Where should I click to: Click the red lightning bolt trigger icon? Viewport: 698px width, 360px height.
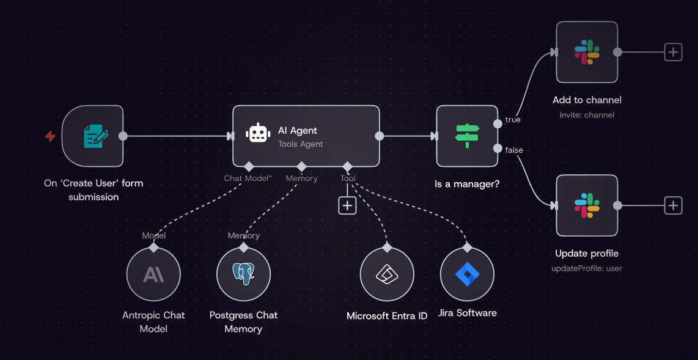(x=50, y=136)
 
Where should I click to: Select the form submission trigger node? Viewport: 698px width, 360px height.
(x=92, y=136)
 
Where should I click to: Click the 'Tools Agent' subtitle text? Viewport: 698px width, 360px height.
(x=300, y=144)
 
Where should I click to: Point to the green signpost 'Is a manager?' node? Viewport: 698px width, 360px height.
(x=466, y=136)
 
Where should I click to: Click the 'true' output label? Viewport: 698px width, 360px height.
(x=513, y=120)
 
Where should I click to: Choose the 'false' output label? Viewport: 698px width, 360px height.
(x=514, y=150)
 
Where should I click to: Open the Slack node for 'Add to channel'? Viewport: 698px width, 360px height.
(x=587, y=52)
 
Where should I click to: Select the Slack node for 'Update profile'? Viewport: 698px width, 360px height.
(x=587, y=205)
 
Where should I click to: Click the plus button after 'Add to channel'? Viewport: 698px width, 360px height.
(x=673, y=52)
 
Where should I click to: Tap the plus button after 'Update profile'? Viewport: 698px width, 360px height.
(x=673, y=205)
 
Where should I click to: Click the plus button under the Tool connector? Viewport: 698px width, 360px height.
(x=347, y=205)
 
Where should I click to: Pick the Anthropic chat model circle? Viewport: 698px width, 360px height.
(x=153, y=274)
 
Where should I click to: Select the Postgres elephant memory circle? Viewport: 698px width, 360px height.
(x=243, y=274)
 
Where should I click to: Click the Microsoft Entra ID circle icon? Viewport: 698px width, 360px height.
(x=387, y=274)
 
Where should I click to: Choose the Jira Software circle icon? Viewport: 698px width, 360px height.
(x=467, y=274)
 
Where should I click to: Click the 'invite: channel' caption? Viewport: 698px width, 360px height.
(x=587, y=115)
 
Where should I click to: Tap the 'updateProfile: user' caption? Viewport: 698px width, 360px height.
(x=587, y=268)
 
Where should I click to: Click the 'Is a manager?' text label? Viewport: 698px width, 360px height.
(x=466, y=183)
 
